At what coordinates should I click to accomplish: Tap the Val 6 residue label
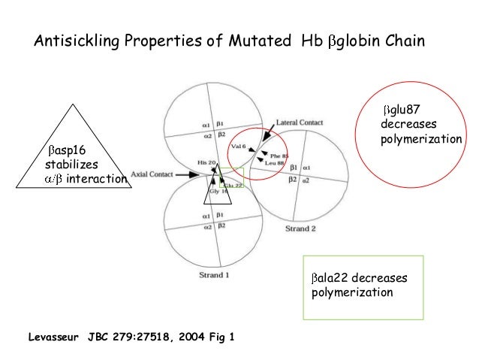(239, 147)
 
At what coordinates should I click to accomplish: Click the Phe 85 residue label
(279, 156)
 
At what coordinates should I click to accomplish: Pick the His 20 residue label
(206, 163)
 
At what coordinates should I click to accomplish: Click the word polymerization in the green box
(351, 292)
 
